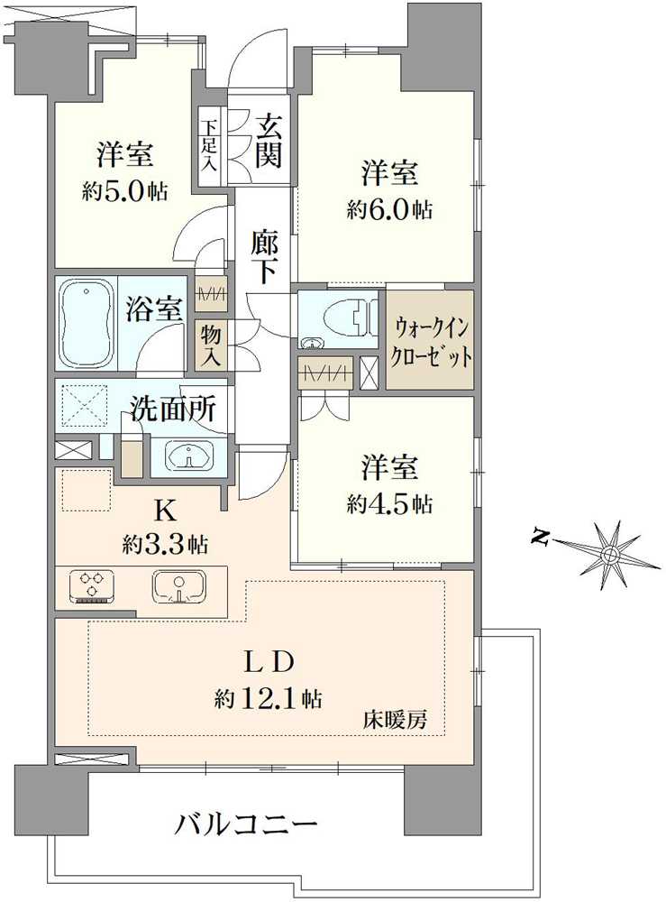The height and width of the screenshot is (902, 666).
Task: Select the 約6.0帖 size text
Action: pos(389,210)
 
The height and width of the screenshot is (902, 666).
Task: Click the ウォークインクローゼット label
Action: pos(429,340)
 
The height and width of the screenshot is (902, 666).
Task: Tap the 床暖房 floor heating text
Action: pos(395,721)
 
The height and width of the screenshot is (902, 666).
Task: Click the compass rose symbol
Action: pos(610,550)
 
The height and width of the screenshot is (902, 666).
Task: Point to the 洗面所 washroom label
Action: pos(173,410)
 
